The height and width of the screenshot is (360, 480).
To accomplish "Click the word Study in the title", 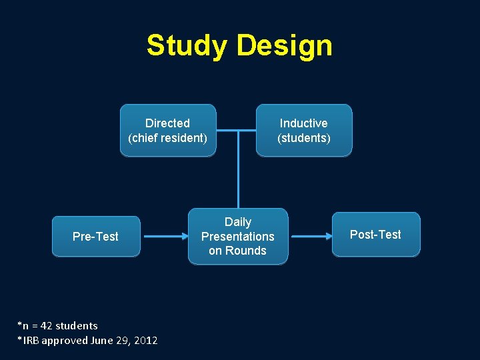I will pyautogui.click(x=187, y=46).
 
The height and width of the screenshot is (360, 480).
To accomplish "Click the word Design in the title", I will pyautogui.click(x=284, y=46).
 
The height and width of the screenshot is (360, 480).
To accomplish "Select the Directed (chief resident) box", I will pyautogui.click(x=168, y=130).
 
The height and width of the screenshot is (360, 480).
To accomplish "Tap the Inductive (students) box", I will pyautogui.click(x=304, y=130).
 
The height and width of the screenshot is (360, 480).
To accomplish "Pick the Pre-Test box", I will pyautogui.click(x=96, y=237).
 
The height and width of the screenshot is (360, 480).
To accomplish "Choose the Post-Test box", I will pyautogui.click(x=376, y=235).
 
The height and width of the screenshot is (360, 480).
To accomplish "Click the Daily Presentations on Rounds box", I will pyautogui.click(x=238, y=237).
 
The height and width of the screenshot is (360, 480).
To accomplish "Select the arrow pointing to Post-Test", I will pyautogui.click(x=313, y=237).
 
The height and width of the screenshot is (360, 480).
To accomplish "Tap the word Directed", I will pyautogui.click(x=168, y=123).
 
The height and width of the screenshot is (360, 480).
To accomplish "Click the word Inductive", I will pyautogui.click(x=304, y=123).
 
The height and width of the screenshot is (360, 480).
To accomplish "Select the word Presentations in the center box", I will pyautogui.click(x=238, y=237).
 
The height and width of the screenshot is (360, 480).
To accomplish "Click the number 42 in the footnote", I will pyautogui.click(x=46, y=326).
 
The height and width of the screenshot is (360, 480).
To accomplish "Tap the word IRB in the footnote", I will pyautogui.click(x=30, y=341).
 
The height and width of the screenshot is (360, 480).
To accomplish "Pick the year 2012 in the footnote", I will pyautogui.click(x=146, y=341).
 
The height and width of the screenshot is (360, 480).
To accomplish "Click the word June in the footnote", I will pyautogui.click(x=103, y=341).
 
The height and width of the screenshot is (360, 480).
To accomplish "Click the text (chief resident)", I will pyautogui.click(x=168, y=138).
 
